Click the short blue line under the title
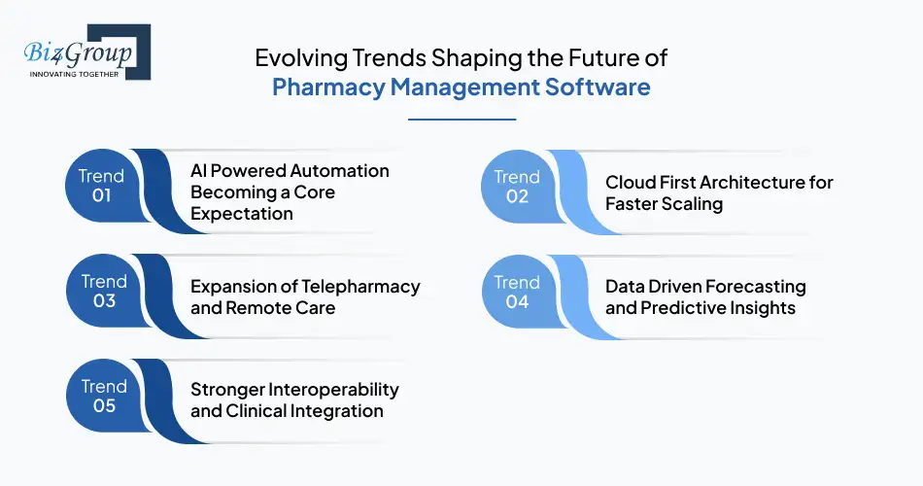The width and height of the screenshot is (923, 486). click(x=461, y=120)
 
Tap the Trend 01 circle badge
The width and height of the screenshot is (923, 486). click(x=102, y=186)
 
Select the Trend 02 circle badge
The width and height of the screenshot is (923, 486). click(x=517, y=186)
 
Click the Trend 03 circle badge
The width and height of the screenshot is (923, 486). click(x=102, y=291)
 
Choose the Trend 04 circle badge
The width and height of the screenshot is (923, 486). click(x=517, y=292)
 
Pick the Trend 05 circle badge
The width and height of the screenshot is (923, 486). click(x=102, y=396)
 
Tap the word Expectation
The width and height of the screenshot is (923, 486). click(x=242, y=213)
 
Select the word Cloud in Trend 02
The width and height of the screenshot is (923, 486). click(x=630, y=183)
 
